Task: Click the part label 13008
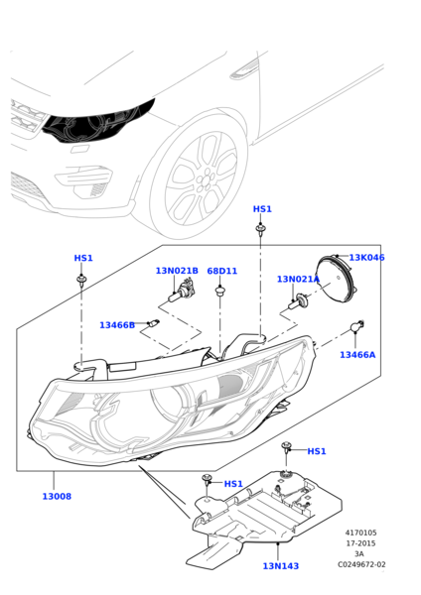pos(57,497)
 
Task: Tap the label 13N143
pos(281,566)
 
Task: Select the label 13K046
pos(366,258)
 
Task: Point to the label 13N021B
pos(177,271)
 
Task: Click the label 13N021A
pos(298,280)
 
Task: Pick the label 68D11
pos(221,272)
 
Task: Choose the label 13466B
pos(117,325)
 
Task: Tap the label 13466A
pos(357,355)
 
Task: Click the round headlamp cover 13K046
pos(337,279)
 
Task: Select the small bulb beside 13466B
pos(154,323)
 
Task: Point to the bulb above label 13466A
pos(357,326)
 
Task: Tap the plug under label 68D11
pos(220,292)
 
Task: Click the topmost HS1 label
pos(262,209)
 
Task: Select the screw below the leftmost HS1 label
pos(81,280)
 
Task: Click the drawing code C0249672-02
pos(361,564)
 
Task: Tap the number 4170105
pos(360,533)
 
